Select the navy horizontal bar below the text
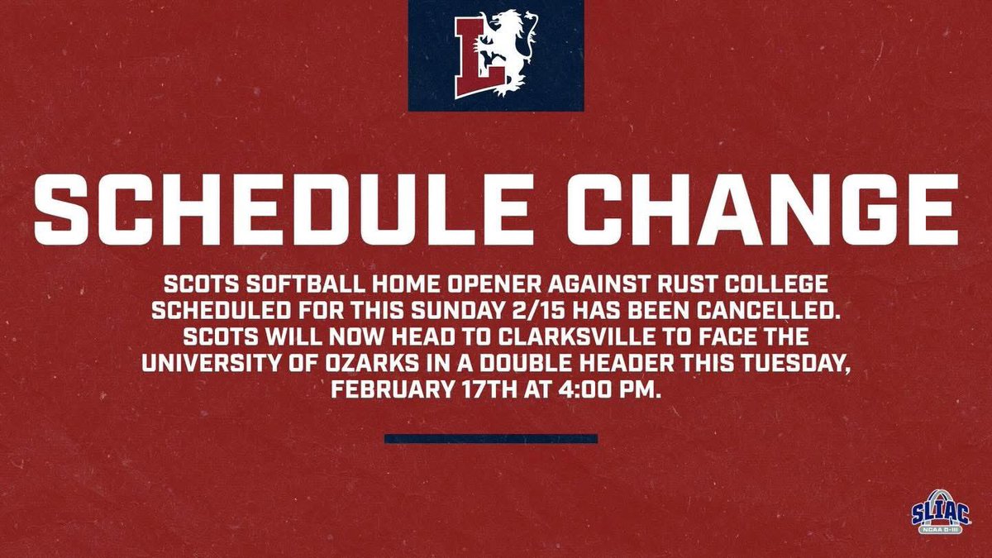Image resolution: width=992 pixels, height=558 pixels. coord(490,439)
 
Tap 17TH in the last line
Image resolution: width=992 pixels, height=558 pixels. coord(480,391)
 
